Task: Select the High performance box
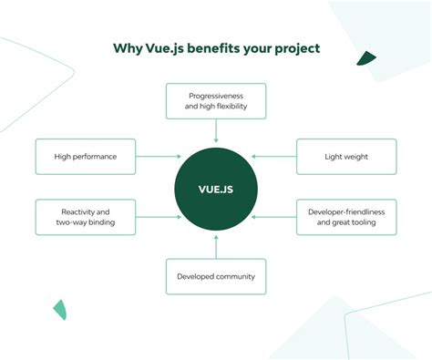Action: pyautogui.click(x=86, y=156)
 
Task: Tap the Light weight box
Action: pyautogui.click(x=345, y=156)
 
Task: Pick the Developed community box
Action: pyautogui.click(x=216, y=276)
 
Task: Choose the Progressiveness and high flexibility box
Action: pyautogui.click(x=216, y=100)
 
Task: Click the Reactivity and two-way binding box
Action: pyautogui.click(x=86, y=216)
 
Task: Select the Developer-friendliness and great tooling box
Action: pyautogui.click(x=345, y=216)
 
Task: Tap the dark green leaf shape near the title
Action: pyautogui.click(x=365, y=59)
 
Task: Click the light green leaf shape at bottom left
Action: pyautogui.click(x=59, y=309)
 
